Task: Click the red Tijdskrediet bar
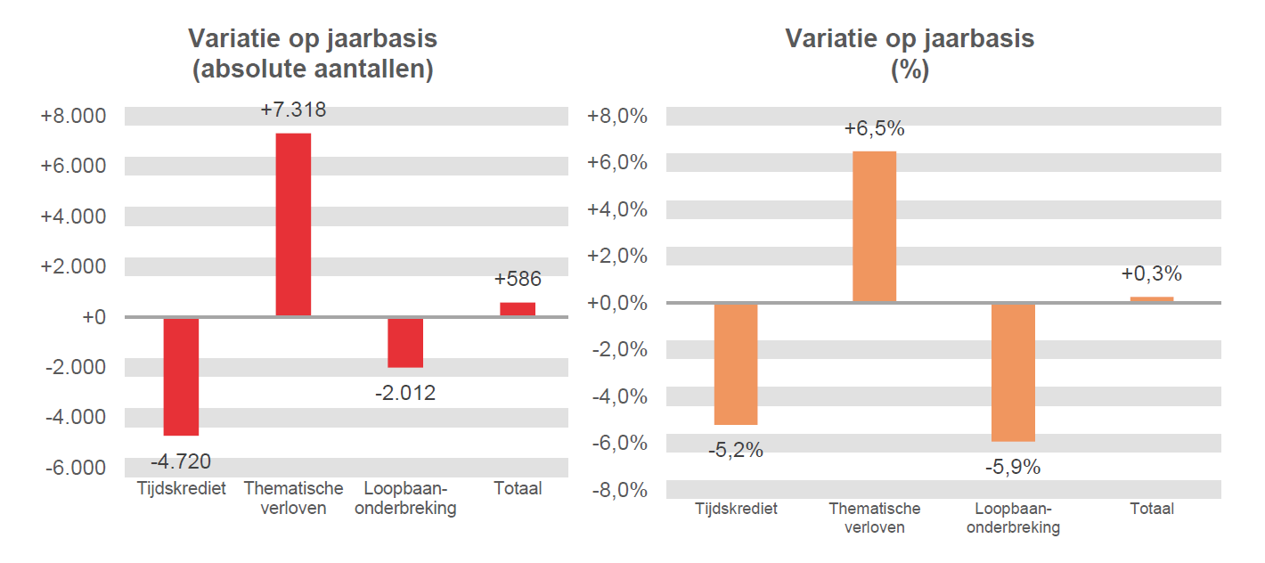point(181,376)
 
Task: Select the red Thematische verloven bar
point(293,224)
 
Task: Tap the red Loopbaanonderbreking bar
point(405,342)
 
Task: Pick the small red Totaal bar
point(518,309)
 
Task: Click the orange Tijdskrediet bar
point(736,363)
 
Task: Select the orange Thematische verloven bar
point(874,226)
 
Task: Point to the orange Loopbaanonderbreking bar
point(1013,371)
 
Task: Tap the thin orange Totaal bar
point(1152,299)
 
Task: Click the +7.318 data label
point(293,110)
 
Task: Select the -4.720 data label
point(181,461)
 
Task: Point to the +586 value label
point(518,280)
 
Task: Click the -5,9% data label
point(1013,467)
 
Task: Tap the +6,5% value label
point(874,129)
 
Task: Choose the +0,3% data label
point(1152,273)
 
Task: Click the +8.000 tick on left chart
point(73,117)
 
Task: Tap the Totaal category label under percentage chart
point(1152,510)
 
